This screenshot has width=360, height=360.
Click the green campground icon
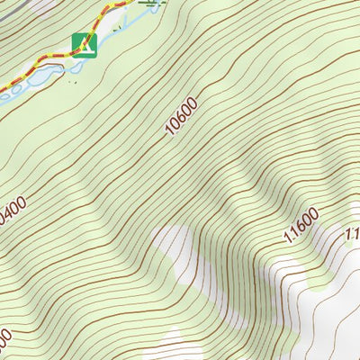(83, 44)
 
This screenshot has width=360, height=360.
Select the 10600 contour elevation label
(181, 118)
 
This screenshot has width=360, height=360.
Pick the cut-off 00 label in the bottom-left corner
(4, 343)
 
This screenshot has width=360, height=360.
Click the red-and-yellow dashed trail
(54, 60)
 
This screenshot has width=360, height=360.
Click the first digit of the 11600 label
(287, 239)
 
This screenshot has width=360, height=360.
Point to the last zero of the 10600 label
(192, 103)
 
